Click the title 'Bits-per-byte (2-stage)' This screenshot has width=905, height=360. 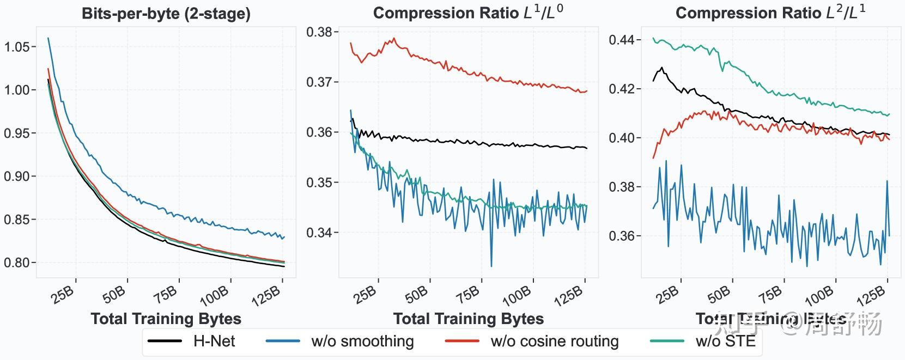[x=166, y=14]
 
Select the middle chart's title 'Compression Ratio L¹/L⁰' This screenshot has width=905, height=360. [x=468, y=13]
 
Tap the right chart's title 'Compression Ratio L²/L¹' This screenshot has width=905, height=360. [x=770, y=13]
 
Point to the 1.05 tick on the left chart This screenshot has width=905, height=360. [x=17, y=47]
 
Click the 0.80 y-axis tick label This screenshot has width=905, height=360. [x=17, y=263]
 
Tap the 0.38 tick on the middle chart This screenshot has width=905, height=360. [x=319, y=32]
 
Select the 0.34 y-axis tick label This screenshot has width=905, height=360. [x=319, y=233]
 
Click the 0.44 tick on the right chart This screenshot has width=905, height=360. [x=622, y=40]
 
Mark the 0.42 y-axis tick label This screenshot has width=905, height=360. [x=622, y=89]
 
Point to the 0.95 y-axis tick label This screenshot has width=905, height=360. [x=17, y=133]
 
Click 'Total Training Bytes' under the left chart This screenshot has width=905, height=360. [x=166, y=319]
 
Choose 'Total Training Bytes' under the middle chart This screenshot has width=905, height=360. [x=468, y=319]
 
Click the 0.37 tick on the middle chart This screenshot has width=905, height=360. [x=319, y=82]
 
